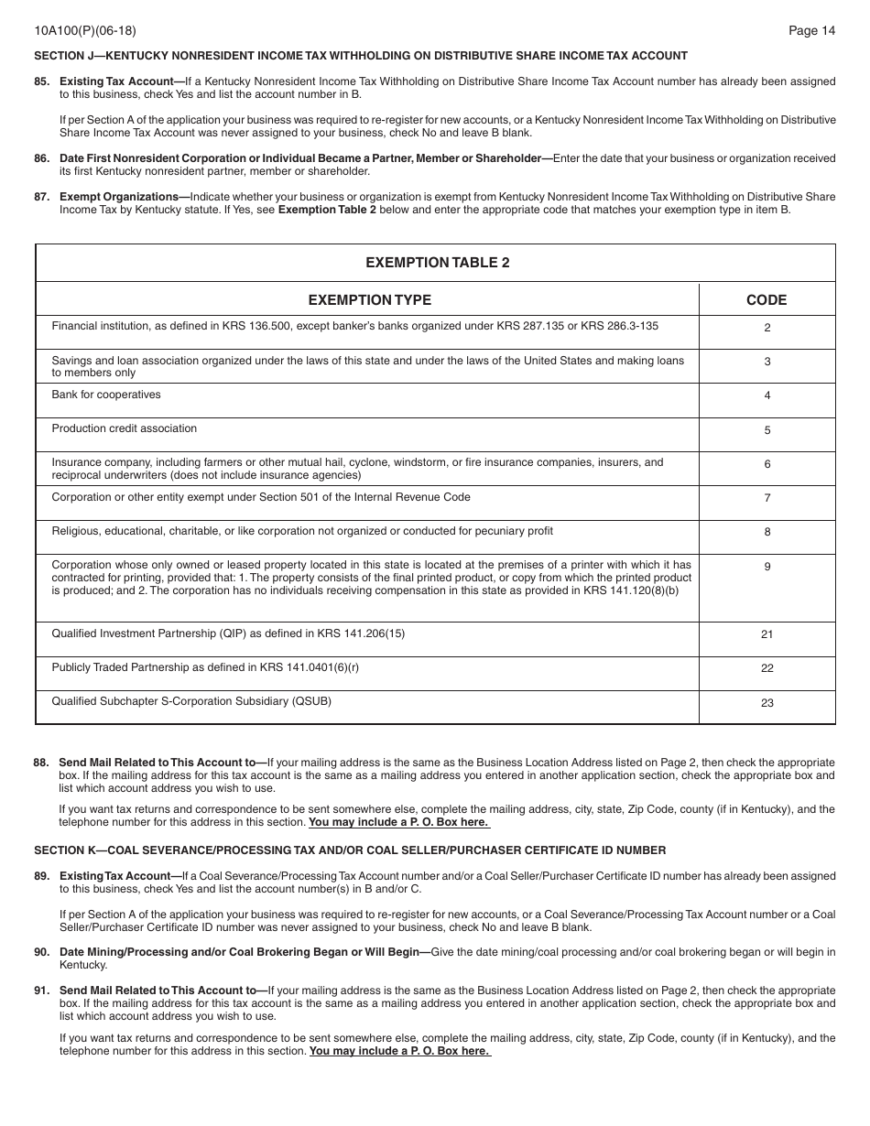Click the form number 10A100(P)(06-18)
point(85,30)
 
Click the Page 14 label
point(811,30)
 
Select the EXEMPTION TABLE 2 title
point(437,263)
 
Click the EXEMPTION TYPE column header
point(369,300)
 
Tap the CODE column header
point(767,300)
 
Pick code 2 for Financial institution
point(767,328)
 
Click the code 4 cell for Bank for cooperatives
point(767,395)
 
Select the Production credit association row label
point(124,428)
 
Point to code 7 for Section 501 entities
point(767,498)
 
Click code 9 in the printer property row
point(767,567)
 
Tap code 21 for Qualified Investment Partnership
point(767,634)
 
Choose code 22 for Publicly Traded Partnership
point(767,668)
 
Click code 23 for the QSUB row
point(767,703)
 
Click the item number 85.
point(42,81)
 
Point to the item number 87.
point(42,197)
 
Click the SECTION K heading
point(350,850)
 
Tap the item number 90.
point(42,952)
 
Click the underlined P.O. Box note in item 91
point(399,1051)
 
